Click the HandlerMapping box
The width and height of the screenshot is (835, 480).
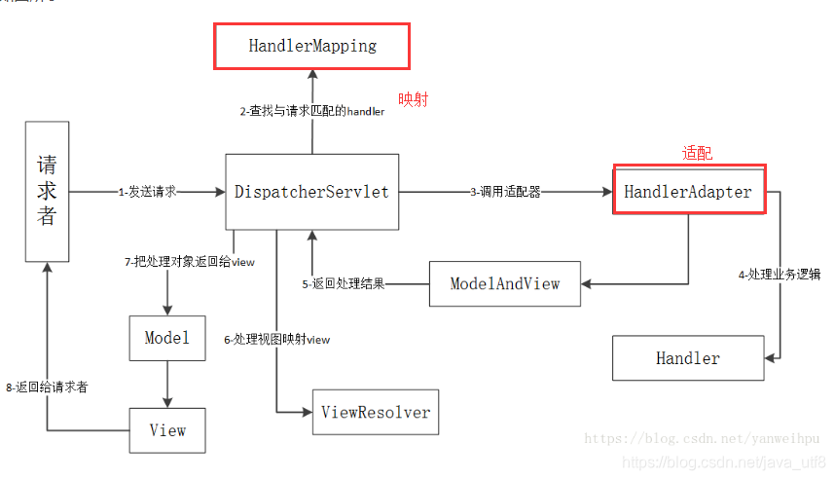pyautogui.click(x=311, y=46)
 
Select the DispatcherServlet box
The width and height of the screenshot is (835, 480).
pyautogui.click(x=311, y=192)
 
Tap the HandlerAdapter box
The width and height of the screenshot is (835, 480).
pyautogui.click(x=688, y=192)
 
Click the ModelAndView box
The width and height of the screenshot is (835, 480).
pyautogui.click(x=504, y=283)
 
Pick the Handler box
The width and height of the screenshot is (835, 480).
pyautogui.click(x=687, y=358)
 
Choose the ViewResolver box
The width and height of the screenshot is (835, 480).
pyautogui.click(x=375, y=412)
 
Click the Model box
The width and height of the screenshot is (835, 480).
pyautogui.click(x=166, y=338)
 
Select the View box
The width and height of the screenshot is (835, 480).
pyautogui.click(x=166, y=429)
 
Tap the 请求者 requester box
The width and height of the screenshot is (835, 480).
pyautogui.click(x=47, y=191)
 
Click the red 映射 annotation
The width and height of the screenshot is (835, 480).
pyautogui.click(x=413, y=99)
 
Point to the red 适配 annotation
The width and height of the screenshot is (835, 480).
pyautogui.click(x=697, y=153)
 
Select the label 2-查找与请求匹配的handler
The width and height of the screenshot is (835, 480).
pyautogui.click(x=312, y=111)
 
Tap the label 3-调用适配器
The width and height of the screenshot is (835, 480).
pyautogui.click(x=505, y=192)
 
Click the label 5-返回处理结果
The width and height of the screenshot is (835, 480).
pyautogui.click(x=344, y=283)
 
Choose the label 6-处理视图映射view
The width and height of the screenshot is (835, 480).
pyautogui.click(x=276, y=339)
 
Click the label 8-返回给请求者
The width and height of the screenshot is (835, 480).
pyautogui.click(x=47, y=387)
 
